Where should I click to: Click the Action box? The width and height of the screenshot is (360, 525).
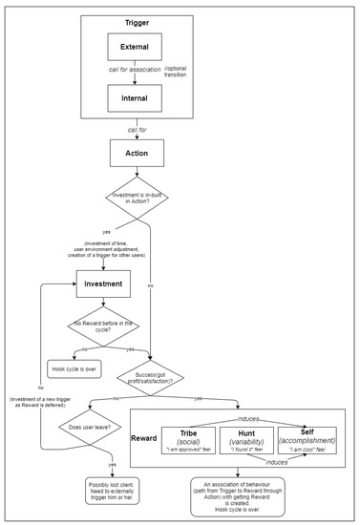136,153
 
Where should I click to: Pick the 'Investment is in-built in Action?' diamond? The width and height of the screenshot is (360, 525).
136,198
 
